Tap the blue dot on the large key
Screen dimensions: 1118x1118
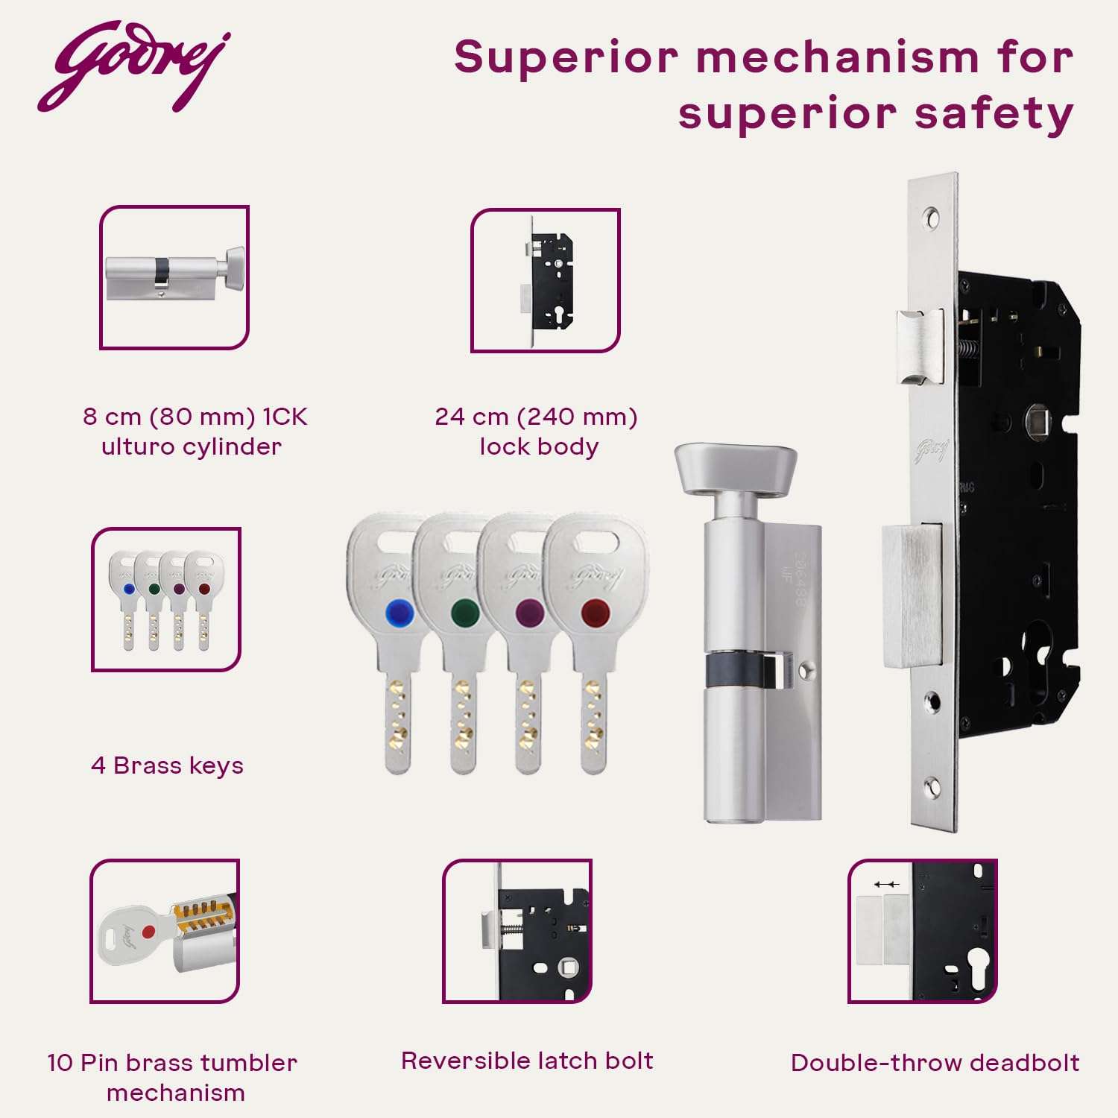[399, 613]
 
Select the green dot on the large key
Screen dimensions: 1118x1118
[465, 613]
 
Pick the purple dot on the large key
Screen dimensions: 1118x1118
[530, 613]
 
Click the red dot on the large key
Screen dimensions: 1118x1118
[596, 613]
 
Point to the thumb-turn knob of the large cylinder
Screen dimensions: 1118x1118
[735, 469]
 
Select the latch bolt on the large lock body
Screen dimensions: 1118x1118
[920, 347]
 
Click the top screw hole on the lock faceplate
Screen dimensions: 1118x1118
[931, 217]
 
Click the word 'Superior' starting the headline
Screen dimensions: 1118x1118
[566, 57]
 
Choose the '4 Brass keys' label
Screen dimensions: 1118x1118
[167, 765]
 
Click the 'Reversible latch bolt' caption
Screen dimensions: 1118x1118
[527, 1060]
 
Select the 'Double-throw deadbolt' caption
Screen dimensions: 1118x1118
[935, 1062]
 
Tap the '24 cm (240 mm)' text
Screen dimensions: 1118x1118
[536, 416]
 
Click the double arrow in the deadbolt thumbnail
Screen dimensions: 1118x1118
[886, 884]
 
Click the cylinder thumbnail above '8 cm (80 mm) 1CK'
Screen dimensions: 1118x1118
[174, 277]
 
